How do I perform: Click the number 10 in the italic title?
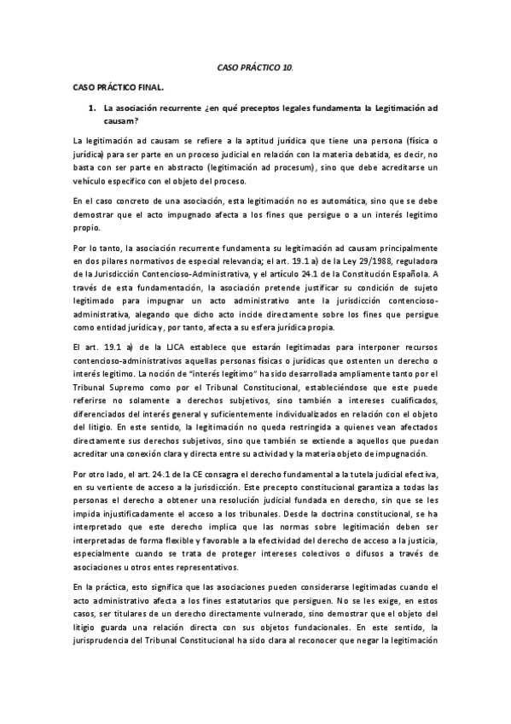click(x=289, y=66)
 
